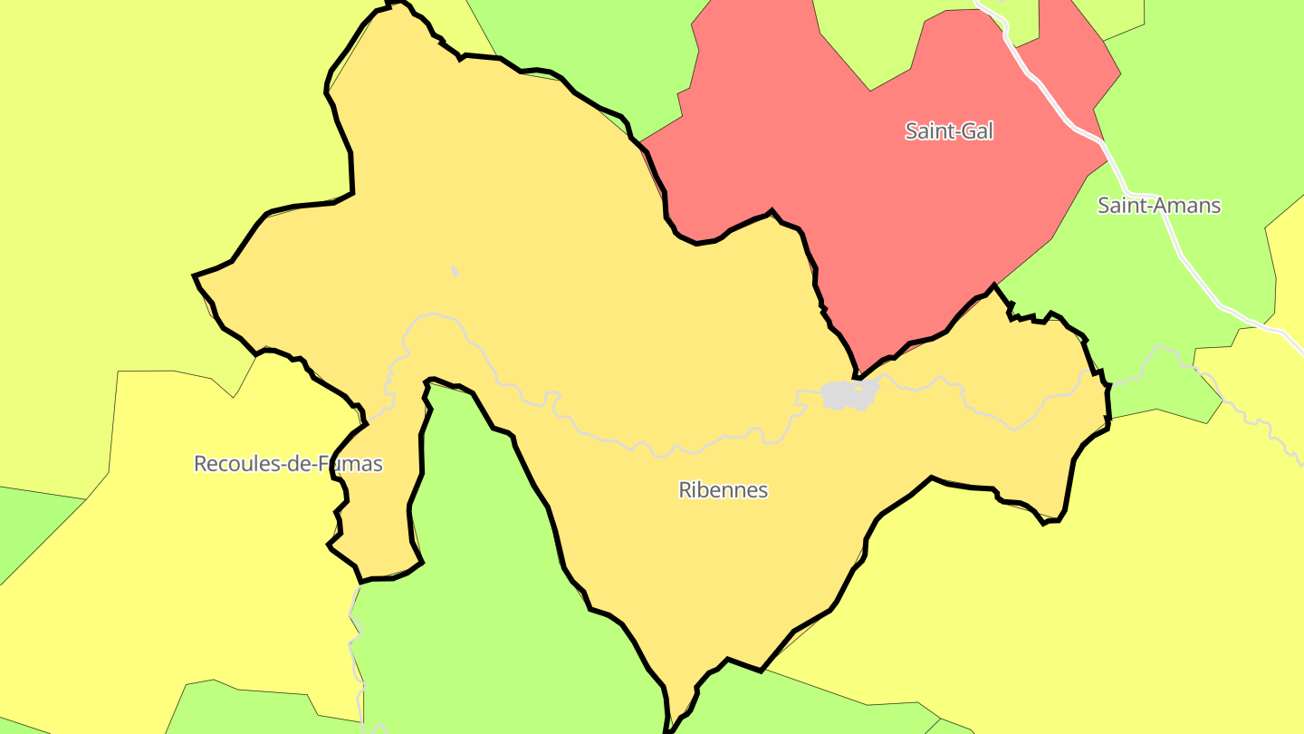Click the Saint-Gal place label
tap(949, 131)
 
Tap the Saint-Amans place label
tap(1159, 206)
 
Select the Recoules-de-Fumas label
tap(288, 464)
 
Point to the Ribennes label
tap(723, 490)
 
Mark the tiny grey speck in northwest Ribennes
tap(455, 271)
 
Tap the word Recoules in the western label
tap(229, 464)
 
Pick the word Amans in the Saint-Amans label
tap(1187, 206)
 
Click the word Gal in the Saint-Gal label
tap(977, 131)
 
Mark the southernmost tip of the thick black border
tap(667, 729)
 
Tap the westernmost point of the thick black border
tap(195, 275)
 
